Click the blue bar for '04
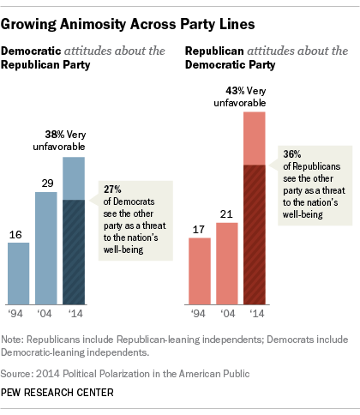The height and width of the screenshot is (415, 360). point(46,249)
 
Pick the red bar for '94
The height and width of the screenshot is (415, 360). point(199,271)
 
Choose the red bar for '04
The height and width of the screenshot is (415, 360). point(226,263)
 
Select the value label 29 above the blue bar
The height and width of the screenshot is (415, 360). point(46,182)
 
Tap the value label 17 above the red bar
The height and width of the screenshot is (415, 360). point(199,228)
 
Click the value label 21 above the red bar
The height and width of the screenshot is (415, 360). point(226,213)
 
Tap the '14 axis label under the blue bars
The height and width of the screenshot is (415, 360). point(74,315)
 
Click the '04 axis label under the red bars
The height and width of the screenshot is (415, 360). point(226,315)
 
